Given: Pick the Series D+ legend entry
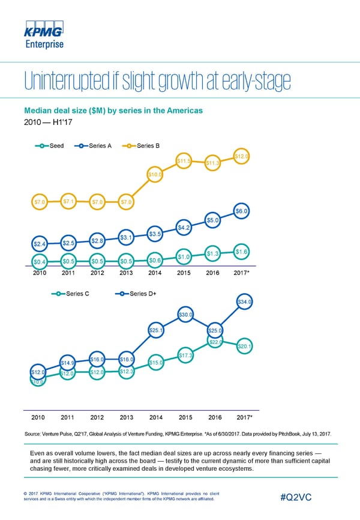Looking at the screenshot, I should tap(138, 294).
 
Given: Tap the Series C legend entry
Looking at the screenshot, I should tap(72, 294).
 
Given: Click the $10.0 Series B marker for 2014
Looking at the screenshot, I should tap(155, 175).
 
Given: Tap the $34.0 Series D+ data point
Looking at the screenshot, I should tap(244, 302).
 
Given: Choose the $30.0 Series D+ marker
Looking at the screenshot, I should tap(185, 315).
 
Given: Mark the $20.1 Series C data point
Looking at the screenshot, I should tap(244, 346).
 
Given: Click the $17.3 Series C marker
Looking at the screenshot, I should tap(185, 356).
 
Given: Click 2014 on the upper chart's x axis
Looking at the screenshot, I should tap(155, 274).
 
